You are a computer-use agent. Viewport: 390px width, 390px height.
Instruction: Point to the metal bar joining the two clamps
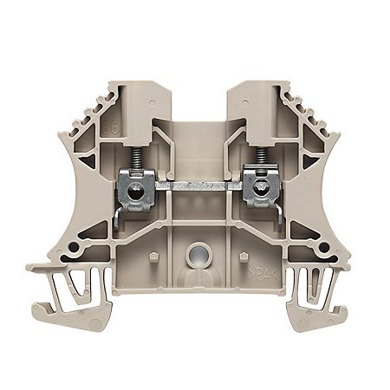(194, 184)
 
